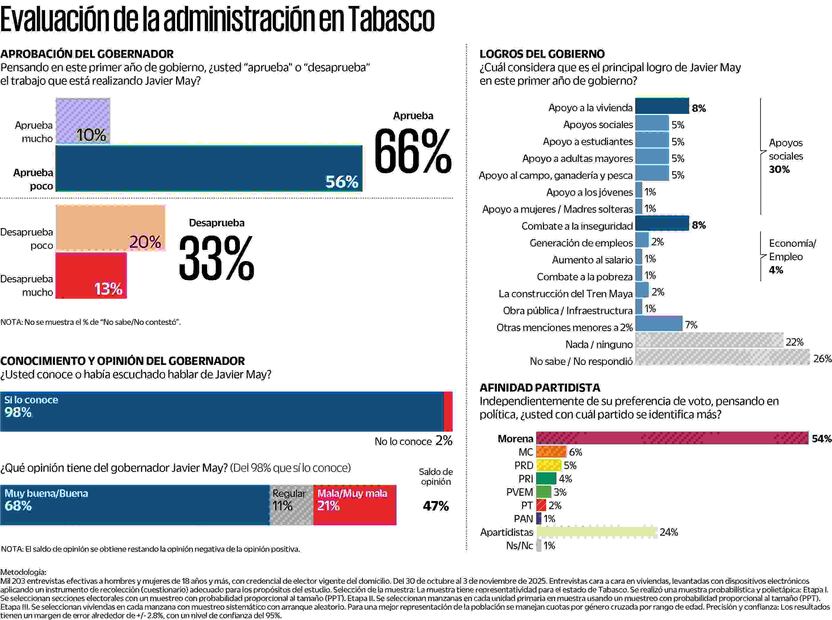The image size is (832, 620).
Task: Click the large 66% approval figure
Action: (x=412, y=150)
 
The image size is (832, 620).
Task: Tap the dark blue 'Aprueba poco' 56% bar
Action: (x=208, y=168)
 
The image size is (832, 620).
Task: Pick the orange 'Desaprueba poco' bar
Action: (x=110, y=228)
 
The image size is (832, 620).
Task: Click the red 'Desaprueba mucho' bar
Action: (x=90, y=275)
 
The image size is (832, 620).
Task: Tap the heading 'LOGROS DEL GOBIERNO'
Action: (x=542, y=53)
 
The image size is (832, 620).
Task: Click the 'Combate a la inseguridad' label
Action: (x=574, y=225)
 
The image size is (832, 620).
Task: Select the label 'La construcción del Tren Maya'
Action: (x=565, y=293)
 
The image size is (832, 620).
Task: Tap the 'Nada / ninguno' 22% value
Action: (x=795, y=342)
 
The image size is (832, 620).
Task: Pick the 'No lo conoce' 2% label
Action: (x=414, y=440)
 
